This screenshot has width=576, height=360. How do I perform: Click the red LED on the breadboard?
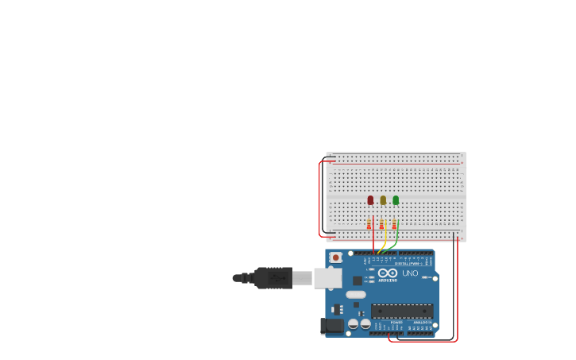tap(370, 200)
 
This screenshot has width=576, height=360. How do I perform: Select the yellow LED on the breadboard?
tap(383, 200)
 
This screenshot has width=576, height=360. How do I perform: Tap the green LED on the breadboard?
tap(396, 200)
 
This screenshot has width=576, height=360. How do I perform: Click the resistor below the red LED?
tap(369, 224)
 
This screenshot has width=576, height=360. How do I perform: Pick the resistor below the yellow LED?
tap(381, 224)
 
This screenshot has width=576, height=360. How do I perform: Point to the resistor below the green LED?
tap(394, 224)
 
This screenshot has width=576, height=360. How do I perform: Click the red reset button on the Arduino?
tap(336, 257)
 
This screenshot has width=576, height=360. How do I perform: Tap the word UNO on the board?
tap(410, 273)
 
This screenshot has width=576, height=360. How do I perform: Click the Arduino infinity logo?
tap(388, 273)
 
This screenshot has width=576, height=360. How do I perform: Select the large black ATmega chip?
tap(402, 311)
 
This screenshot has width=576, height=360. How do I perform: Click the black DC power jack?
tap(332, 326)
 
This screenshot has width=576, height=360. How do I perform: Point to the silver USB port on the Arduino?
tap(327, 278)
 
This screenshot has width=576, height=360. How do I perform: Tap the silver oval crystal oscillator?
tap(356, 295)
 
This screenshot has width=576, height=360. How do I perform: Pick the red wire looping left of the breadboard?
tap(320, 199)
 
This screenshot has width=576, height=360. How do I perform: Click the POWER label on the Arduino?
tap(396, 322)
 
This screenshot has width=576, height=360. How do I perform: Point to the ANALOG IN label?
tap(421, 322)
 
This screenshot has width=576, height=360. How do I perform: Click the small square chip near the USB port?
tap(358, 280)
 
